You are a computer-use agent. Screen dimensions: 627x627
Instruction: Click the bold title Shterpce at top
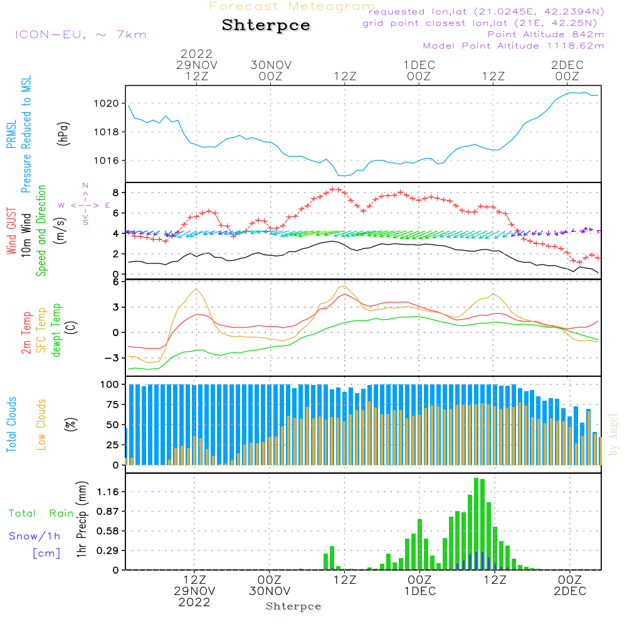click(x=266, y=25)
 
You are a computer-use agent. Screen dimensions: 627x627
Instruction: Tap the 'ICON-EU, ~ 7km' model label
click(x=81, y=34)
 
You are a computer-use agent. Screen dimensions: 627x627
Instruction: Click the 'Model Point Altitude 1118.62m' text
click(x=514, y=46)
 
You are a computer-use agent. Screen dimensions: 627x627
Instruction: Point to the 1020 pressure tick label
click(x=107, y=103)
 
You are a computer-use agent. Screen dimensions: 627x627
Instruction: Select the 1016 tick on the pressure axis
click(x=107, y=161)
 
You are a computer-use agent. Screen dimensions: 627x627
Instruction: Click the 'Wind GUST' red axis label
click(x=11, y=231)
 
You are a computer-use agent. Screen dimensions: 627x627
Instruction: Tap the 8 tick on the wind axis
click(x=116, y=192)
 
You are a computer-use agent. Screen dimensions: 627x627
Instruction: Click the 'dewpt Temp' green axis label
click(x=56, y=330)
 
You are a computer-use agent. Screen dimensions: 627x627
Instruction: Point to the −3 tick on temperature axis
click(x=112, y=358)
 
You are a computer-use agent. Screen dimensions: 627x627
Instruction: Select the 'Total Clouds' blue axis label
click(x=11, y=424)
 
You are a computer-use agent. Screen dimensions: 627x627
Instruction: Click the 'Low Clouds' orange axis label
click(x=41, y=424)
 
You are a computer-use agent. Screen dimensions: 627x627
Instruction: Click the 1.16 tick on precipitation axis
click(x=108, y=492)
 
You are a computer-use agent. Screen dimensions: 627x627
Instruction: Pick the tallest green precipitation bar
click(x=476, y=524)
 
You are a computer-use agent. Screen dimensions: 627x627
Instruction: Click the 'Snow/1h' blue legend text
click(x=34, y=536)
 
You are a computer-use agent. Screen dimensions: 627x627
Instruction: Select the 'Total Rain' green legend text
click(x=41, y=514)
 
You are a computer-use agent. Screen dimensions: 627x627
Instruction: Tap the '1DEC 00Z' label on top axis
click(x=419, y=71)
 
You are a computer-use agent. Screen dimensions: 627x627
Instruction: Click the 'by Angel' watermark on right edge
click(x=613, y=435)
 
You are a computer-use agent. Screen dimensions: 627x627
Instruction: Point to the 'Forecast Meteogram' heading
click(x=292, y=6)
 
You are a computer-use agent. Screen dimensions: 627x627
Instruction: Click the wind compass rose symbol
click(x=85, y=205)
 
